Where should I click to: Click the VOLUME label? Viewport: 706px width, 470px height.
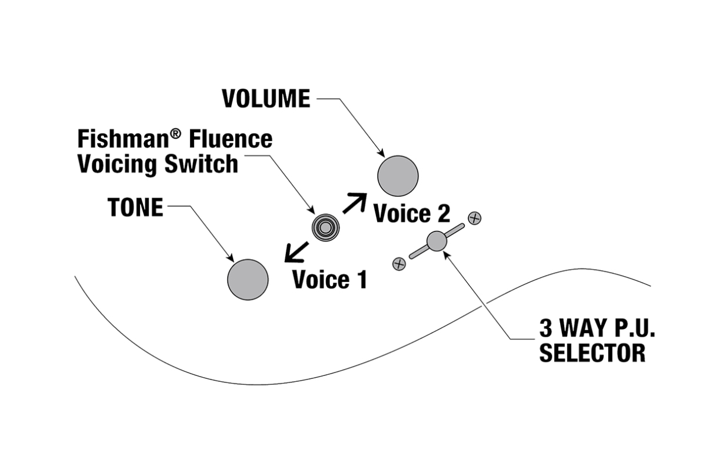click(266, 99)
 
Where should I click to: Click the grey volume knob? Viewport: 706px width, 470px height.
click(398, 176)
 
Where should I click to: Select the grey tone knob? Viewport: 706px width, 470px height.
click(248, 279)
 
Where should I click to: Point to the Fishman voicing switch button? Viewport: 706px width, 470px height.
click(325, 226)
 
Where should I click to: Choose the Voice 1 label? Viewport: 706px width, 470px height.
click(329, 280)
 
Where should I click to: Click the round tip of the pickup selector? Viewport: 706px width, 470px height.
click(437, 241)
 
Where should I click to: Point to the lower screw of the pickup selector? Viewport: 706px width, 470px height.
click(399, 264)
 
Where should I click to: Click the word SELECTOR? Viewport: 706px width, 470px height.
click(592, 353)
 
